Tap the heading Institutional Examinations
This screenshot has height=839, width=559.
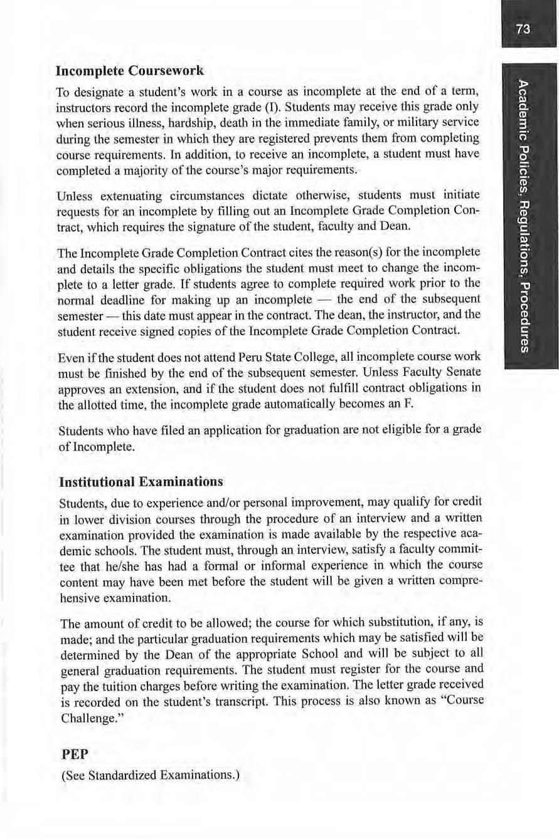pos(141,482)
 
